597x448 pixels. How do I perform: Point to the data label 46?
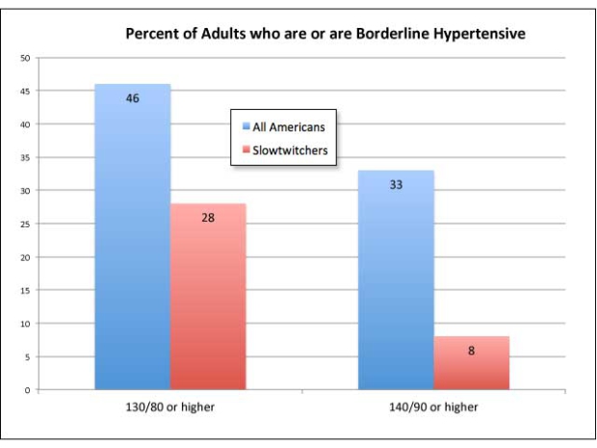(x=133, y=98)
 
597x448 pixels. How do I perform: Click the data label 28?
(x=208, y=218)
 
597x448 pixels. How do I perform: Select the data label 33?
(x=396, y=184)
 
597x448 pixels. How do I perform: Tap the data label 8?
(x=471, y=351)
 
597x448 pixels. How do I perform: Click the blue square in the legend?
(x=245, y=126)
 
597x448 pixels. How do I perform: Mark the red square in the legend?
(x=245, y=150)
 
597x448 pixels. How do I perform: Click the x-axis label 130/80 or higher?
(x=170, y=408)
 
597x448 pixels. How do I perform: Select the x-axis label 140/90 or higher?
(x=434, y=408)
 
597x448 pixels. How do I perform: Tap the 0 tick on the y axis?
(x=27, y=390)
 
